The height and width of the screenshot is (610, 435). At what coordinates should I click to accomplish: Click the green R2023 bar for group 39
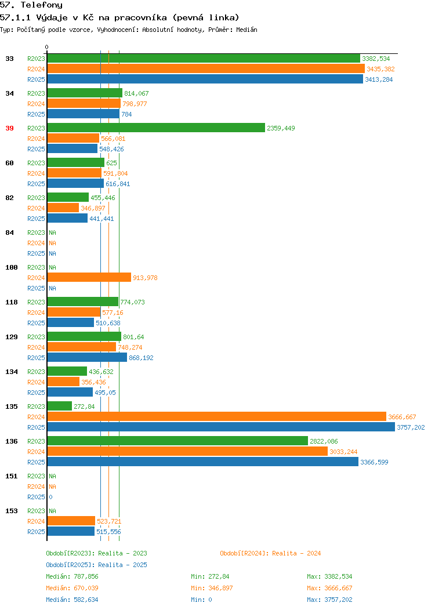click(156, 128)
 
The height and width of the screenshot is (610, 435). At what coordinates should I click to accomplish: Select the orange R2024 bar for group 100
click(89, 277)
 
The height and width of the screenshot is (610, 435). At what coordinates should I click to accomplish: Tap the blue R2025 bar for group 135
click(221, 427)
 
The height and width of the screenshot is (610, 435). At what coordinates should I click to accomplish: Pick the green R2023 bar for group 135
click(60, 406)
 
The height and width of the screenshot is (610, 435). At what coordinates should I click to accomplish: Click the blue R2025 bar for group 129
click(87, 358)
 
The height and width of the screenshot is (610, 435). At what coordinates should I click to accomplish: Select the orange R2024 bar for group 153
click(71, 521)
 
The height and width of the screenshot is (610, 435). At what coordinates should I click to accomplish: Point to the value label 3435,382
click(380, 69)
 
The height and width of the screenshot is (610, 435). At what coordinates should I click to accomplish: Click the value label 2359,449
click(281, 128)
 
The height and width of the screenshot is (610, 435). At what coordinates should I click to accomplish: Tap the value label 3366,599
click(374, 462)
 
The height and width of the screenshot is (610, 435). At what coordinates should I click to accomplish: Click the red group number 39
click(10, 128)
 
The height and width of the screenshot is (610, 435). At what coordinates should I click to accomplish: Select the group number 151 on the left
click(12, 476)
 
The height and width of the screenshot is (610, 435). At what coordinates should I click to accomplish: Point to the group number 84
click(10, 233)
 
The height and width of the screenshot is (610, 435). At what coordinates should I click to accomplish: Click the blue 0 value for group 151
click(50, 497)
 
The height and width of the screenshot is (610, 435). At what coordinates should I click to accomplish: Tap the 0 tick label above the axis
click(47, 47)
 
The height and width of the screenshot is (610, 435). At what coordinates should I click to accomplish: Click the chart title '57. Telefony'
click(31, 5)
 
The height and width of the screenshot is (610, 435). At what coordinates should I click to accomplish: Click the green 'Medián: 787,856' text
click(72, 576)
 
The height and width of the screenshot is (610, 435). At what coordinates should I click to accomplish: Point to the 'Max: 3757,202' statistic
click(329, 600)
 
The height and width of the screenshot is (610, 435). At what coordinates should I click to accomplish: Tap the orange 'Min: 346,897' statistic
click(212, 588)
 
